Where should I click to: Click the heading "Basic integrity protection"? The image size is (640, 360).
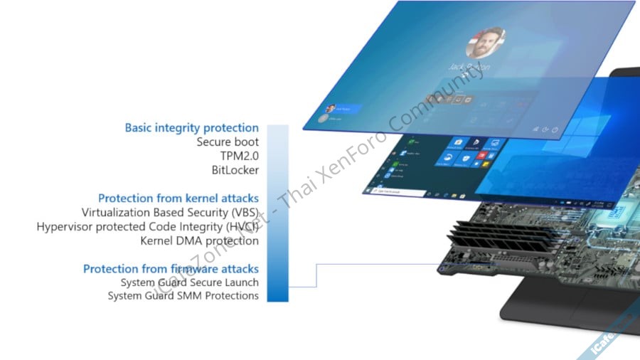pos(191,128)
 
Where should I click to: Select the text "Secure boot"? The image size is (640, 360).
pos(228,142)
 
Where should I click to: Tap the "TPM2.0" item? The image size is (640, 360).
pos(239,157)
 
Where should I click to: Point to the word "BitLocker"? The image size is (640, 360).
pos(235,171)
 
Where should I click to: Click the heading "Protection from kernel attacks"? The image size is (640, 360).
pos(178,198)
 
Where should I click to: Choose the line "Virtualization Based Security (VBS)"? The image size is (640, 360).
pos(170,212)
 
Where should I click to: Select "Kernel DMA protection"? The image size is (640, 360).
pos(199,240)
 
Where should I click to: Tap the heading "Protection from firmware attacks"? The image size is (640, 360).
pos(171,269)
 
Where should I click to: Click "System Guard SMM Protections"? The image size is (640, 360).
pos(183,295)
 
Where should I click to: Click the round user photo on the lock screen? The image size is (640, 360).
pos(485,43)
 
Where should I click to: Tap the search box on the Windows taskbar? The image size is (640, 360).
pos(395,192)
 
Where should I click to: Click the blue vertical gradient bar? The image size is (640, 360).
pos(277,213)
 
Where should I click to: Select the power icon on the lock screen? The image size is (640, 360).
pos(555,130)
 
